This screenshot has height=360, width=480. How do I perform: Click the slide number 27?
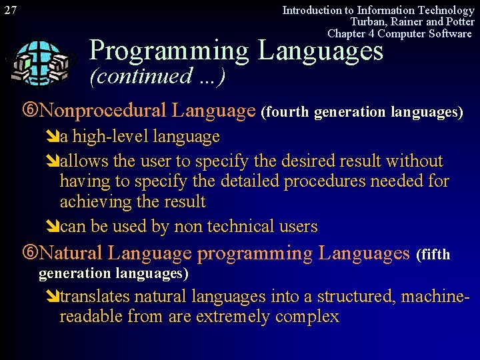click(x=11, y=10)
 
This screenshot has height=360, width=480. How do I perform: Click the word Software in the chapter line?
click(x=449, y=34)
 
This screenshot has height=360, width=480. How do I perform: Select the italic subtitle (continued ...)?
click(x=157, y=76)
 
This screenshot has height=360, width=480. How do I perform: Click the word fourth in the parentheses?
click(x=287, y=112)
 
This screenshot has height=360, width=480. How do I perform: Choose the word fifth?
click(x=435, y=255)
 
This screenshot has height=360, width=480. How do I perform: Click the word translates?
click(x=96, y=296)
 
